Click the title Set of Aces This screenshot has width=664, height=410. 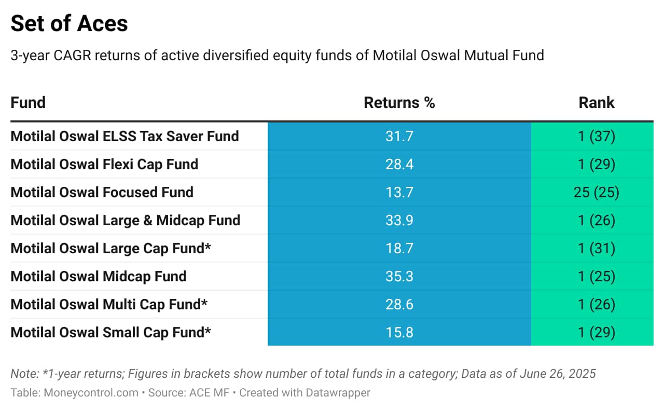(69, 23)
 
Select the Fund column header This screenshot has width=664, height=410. (28, 103)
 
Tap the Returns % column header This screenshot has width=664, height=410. (399, 103)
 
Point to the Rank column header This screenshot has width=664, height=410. (597, 103)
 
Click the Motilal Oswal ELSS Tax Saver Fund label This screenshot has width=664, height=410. (125, 136)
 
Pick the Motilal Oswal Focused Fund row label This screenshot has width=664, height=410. (102, 192)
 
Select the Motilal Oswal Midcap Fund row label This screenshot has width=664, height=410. (99, 277)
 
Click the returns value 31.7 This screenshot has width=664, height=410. (399, 136)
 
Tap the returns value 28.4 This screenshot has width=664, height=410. (399, 165)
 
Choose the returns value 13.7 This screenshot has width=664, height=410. (399, 192)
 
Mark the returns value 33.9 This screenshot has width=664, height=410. (399, 221)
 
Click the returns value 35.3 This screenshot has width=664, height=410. (399, 277)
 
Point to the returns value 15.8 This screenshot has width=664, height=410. (399, 333)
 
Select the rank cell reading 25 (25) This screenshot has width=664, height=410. (597, 192)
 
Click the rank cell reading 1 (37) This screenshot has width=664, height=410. (597, 136)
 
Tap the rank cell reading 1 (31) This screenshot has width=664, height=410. (597, 248)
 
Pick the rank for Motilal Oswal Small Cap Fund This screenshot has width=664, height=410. (597, 333)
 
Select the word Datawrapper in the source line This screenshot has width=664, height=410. (338, 393)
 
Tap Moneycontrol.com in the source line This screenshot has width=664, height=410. (91, 393)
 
